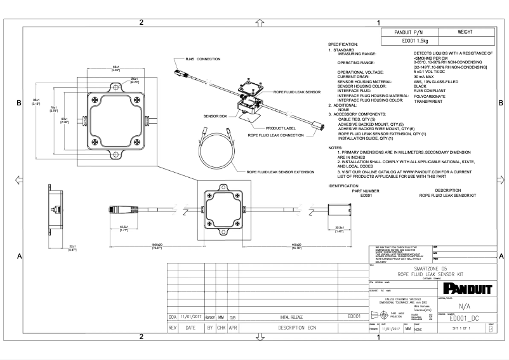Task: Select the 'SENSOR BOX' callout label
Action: coord(215,117)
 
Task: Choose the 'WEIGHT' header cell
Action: coord(468,31)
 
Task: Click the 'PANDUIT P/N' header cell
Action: coord(413,31)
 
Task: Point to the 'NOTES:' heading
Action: coord(336,148)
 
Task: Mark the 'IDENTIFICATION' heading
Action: coord(344,185)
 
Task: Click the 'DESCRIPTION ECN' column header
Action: coord(293,329)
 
